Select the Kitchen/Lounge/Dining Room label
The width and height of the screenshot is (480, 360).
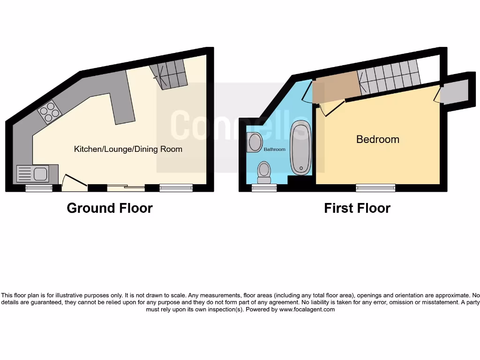point(128,149)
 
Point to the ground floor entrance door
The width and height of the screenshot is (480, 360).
point(74,183)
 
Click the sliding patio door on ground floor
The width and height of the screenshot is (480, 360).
point(126,188)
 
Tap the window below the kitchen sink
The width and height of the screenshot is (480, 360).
point(39,188)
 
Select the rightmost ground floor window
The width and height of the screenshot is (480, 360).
point(176,188)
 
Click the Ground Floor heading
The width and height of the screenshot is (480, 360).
point(110,208)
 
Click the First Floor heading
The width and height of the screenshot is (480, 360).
point(357,208)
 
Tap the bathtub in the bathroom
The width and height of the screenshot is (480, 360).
point(300,148)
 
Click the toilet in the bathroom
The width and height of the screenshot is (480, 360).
point(264,172)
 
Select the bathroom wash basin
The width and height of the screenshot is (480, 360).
point(255,142)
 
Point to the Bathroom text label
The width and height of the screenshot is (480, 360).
point(274,150)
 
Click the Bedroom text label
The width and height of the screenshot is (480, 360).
point(378,139)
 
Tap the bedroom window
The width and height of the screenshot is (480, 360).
point(375,188)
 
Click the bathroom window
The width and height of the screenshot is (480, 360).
point(264,188)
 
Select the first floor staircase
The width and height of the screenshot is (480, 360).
point(388,77)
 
